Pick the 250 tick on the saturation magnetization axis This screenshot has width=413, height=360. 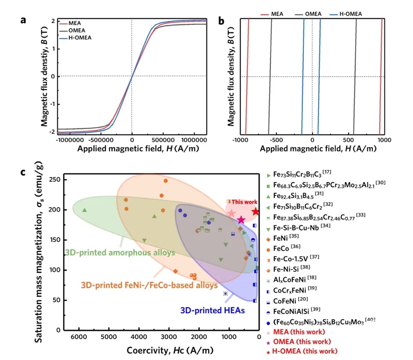click(x=55, y=180)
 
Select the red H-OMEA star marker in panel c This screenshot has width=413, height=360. click(x=255, y=212)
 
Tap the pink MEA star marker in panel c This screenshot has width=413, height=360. click(x=232, y=213)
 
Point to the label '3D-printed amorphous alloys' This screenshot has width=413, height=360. click(x=120, y=253)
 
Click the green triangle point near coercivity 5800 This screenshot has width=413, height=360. click(x=85, y=210)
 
